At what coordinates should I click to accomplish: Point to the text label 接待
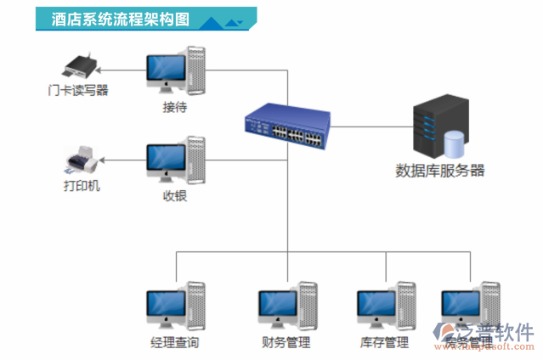[175, 108]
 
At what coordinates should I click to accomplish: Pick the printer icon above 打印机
[82, 159]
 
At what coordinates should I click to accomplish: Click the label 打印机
[82, 185]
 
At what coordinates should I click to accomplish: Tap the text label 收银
[175, 196]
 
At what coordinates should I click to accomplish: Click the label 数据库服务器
[440, 170]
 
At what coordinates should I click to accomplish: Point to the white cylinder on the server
[455, 143]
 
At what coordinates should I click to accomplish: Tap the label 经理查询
[174, 343]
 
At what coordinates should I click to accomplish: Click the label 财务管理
[286, 343]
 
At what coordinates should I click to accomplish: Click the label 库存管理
[384, 343]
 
